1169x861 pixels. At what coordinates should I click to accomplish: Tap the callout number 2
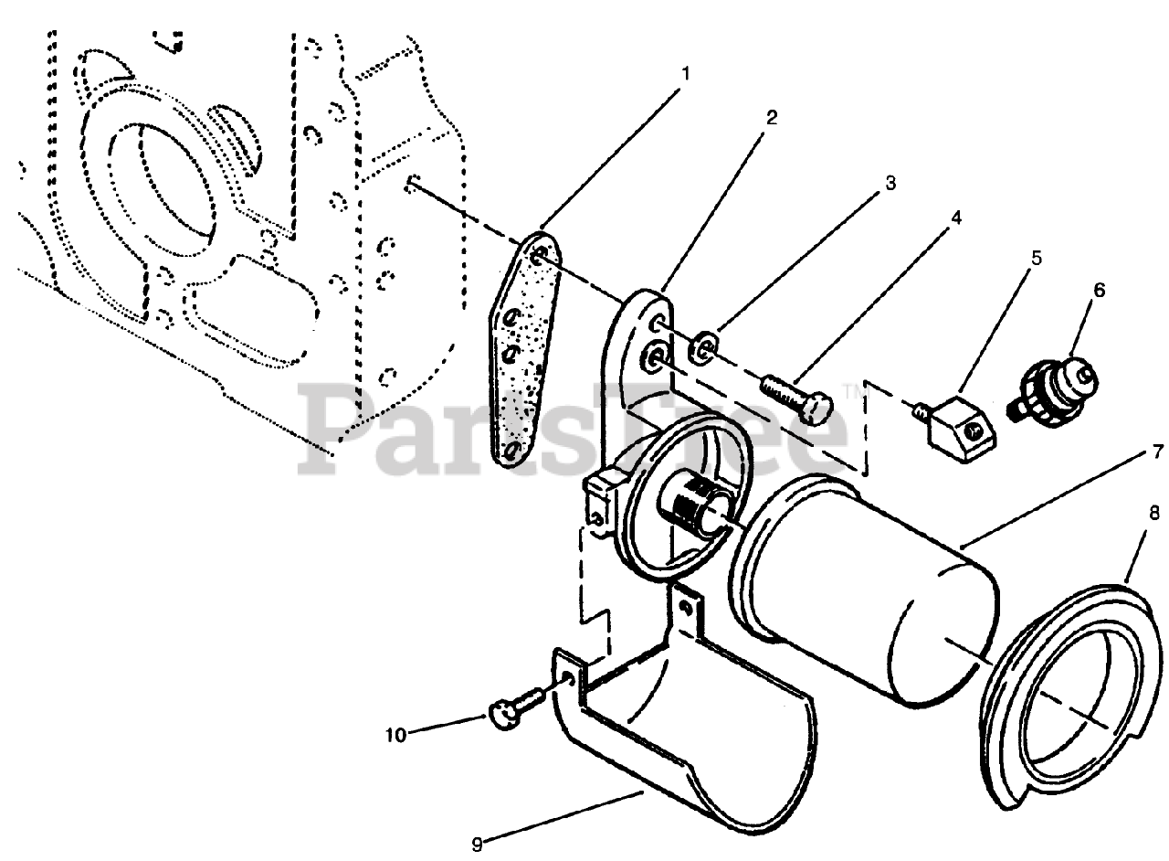tap(772, 117)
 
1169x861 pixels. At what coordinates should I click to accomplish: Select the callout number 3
tap(890, 183)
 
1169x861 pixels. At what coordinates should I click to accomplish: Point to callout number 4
tap(955, 218)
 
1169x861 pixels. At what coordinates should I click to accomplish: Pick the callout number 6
tap(1099, 291)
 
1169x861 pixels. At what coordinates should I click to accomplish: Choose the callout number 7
tap(1157, 451)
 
